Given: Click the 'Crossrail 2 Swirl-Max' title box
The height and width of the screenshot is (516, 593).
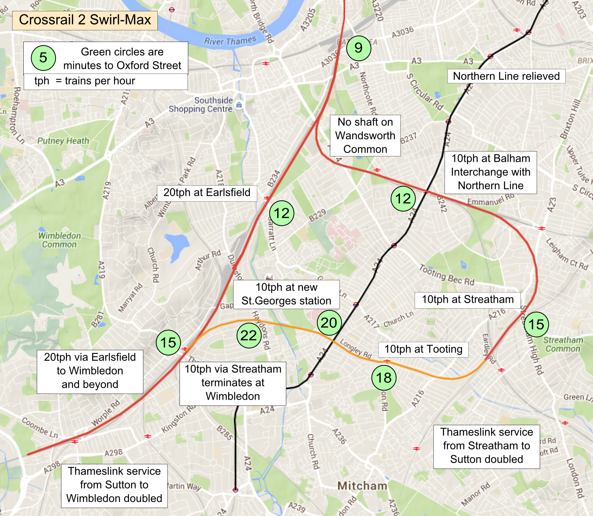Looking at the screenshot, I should (x=85, y=20).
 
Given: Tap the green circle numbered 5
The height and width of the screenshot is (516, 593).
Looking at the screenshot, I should (x=43, y=58).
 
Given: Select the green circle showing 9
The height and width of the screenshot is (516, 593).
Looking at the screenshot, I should (x=358, y=48).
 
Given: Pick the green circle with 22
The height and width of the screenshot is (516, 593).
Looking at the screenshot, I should (x=249, y=335).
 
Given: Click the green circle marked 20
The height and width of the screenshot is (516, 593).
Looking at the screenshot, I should (x=329, y=323).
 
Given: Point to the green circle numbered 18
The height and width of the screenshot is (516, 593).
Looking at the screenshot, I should (x=384, y=377).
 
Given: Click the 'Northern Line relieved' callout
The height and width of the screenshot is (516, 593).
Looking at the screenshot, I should (x=506, y=76).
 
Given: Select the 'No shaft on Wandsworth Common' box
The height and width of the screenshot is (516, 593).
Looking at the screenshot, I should (x=365, y=135).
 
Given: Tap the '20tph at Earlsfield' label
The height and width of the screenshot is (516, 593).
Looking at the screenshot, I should (x=207, y=193).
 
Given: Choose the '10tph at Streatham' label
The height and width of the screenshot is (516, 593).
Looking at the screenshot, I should (x=467, y=299).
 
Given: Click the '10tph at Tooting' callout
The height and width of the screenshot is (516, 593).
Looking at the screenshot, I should (x=423, y=349).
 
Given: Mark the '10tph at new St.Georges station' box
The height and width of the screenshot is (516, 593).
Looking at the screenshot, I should (x=286, y=294).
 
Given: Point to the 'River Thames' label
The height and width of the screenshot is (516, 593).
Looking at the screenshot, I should (x=230, y=40).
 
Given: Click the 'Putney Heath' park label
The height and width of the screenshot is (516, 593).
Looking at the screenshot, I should (x=63, y=141).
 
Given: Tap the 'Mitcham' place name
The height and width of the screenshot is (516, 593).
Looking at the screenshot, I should (x=362, y=486).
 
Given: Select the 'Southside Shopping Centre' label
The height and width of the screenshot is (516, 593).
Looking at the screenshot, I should (x=201, y=105).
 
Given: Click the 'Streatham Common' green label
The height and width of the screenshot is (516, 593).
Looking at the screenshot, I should (x=563, y=344).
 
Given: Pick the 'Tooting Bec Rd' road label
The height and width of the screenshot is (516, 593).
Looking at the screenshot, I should (x=446, y=275).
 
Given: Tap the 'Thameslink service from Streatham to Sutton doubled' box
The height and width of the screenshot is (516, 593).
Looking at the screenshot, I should (x=487, y=446).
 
